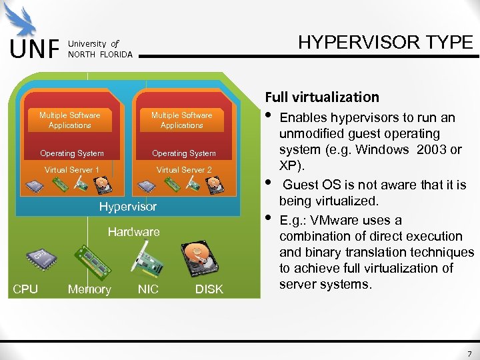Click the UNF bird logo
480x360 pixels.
22,20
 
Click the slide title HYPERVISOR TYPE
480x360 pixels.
385,43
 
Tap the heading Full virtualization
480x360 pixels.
323,97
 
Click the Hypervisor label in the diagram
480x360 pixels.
128,207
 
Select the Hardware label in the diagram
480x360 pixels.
134,232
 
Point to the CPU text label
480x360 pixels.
25,289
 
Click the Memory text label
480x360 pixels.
89,289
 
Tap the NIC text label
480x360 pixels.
148,289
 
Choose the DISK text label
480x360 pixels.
209,289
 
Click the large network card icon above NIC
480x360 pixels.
148,259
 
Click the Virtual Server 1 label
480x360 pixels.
71,170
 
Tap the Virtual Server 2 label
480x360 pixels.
183,170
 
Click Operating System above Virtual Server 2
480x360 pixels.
183,153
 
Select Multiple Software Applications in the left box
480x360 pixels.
70,120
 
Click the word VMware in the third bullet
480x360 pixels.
331,220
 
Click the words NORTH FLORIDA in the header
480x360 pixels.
100,54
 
